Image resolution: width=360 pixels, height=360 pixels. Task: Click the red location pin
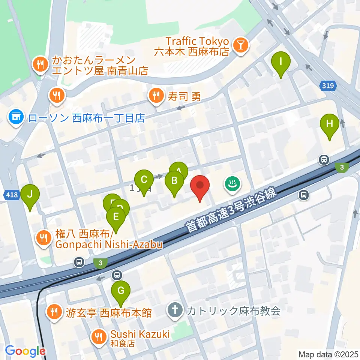[200, 186]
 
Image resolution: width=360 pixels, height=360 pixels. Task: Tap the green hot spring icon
[232, 184]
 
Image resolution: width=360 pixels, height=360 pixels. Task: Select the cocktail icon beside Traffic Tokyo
[240, 46]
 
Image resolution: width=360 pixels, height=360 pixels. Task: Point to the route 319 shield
[328, 86]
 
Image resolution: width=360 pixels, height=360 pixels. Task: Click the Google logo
[25, 351]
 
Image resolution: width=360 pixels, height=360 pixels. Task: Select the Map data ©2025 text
[328, 354]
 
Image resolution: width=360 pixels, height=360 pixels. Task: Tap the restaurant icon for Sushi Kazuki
[99, 336]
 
